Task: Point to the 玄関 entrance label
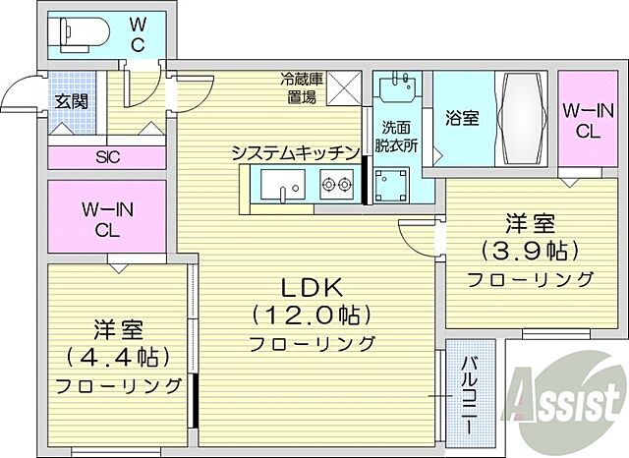coord(70,100)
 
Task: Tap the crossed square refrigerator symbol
coord(344,88)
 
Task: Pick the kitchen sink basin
coord(284,184)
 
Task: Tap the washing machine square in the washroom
coord(397,183)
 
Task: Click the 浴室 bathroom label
coord(461,118)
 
